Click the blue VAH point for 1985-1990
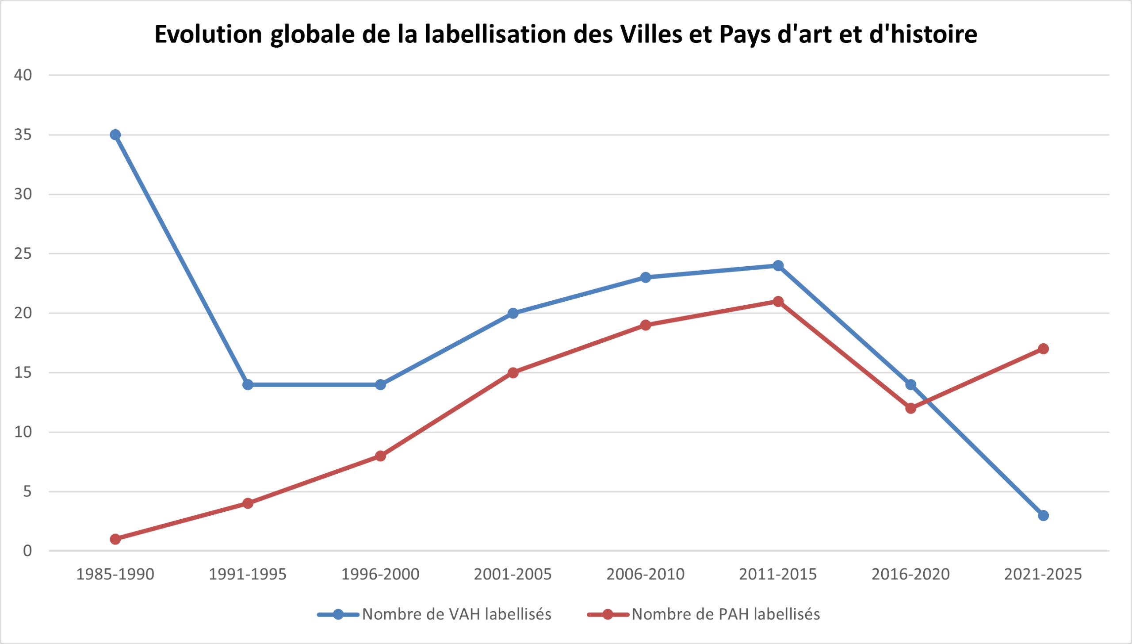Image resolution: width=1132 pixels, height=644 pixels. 115,134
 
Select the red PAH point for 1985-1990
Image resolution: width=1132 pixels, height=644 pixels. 115,539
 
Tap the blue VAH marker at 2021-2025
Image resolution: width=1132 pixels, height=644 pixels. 1043,515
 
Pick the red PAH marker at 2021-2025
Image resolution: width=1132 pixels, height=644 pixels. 1043,349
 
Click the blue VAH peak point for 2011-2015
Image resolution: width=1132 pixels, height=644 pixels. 778,265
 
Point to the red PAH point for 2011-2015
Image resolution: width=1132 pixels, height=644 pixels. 778,301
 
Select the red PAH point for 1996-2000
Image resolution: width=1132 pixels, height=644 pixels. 380,456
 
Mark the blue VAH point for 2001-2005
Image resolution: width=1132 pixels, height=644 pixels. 513,313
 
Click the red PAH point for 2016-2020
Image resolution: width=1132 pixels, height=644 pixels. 910,408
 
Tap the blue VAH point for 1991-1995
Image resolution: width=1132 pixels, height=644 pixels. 248,384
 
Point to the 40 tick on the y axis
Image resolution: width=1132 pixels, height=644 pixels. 23,75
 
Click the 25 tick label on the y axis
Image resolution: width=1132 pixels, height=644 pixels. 23,253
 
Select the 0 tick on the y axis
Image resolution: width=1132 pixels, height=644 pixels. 27,551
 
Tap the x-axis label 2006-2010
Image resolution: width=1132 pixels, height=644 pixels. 646,574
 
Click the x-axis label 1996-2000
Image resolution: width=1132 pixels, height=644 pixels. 380,574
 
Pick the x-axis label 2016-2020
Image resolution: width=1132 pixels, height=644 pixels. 910,574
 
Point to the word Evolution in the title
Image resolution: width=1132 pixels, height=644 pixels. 208,34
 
